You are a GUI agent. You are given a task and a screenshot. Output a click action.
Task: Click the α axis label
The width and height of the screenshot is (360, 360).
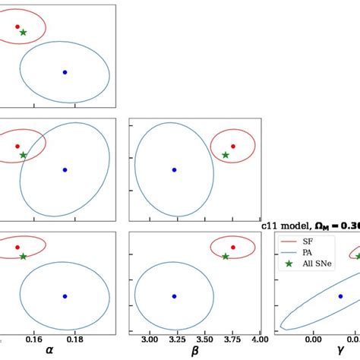click(x=50, y=350)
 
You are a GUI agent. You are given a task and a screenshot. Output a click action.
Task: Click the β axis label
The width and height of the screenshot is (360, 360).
click(x=194, y=350)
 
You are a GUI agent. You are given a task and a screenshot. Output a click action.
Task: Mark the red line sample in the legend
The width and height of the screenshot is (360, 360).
click(x=286, y=241)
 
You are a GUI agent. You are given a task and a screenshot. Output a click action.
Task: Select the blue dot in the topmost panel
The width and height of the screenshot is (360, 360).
click(x=65, y=72)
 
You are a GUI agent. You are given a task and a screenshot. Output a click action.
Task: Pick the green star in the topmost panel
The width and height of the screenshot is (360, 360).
click(x=23, y=33)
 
